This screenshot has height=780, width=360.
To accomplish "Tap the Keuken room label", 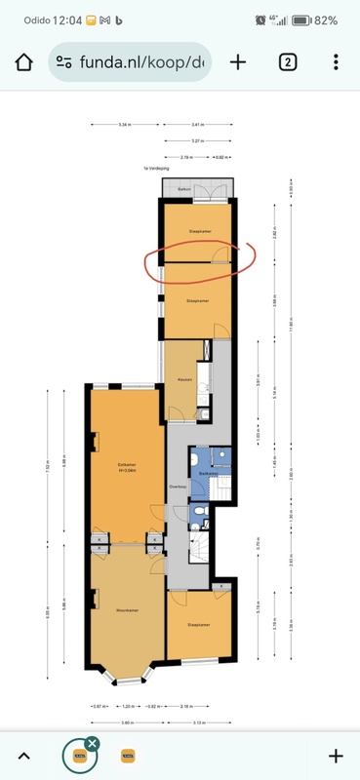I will [183, 378].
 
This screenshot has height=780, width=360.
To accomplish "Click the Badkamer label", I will [206, 472].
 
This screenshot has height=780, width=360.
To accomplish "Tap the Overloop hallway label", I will [178, 486].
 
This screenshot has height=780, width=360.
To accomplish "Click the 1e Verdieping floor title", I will [155, 168].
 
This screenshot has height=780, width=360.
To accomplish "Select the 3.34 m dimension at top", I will [125, 125].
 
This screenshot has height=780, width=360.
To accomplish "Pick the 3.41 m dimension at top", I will [197, 125].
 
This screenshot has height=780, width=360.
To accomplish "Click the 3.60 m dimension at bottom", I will [127, 722].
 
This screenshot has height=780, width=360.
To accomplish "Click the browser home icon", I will [23, 61].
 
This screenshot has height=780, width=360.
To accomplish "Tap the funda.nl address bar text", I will [147, 61].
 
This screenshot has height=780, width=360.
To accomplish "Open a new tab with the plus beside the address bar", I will [238, 61].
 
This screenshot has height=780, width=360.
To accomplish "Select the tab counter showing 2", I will [288, 61].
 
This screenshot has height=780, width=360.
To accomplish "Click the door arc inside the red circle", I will [220, 254].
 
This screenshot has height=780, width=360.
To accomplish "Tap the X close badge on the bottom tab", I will [92, 744].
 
